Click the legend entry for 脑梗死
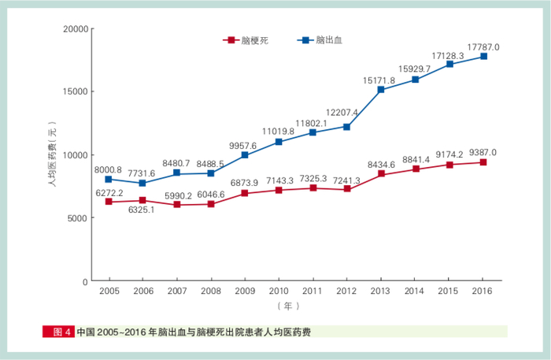246,39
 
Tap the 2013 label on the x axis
381,291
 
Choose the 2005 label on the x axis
109,291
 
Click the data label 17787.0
483,47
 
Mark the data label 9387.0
483,153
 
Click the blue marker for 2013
381,90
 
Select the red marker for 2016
483,162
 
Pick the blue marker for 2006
142,184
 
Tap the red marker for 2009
245,194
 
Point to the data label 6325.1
142,210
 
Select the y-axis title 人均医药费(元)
52,155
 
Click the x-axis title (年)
289,305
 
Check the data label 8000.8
109,169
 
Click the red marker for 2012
347,189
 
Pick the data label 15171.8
379,80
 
